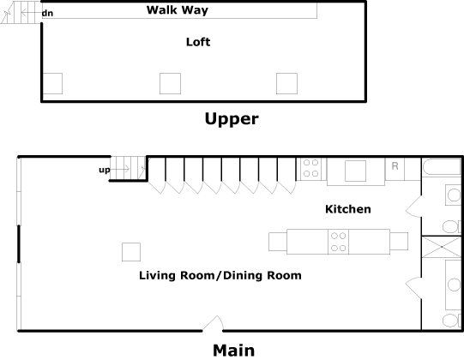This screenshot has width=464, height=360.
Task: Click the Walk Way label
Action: coord(178,10)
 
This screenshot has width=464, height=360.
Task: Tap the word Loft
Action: coord(198,42)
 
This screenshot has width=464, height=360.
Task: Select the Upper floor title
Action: coord(232,119)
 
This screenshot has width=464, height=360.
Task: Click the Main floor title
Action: coord(233,351)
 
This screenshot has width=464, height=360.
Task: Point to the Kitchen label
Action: coord(348,209)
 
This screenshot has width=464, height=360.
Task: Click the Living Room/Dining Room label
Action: coord(220,275)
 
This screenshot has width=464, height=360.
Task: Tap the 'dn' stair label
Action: coord(47,14)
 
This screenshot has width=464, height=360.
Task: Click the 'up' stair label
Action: coord(105,170)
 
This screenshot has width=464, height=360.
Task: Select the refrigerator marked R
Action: coord(395,169)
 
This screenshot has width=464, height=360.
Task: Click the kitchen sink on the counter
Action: coord(355,171)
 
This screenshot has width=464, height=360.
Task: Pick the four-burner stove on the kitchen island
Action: coord(338,242)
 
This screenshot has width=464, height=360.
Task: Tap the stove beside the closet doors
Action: coord(311,169)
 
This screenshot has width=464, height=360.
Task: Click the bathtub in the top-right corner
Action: coord(442,167)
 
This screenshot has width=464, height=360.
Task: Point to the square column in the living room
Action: coord(131,252)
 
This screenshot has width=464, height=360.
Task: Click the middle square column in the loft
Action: coord(170,83)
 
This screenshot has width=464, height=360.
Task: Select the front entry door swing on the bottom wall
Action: coord(213,323)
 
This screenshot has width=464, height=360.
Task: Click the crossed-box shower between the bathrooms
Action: coord(442,247)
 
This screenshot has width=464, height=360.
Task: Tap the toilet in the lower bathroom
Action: coord(452,321)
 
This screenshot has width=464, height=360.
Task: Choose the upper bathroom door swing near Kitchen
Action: coord(413,207)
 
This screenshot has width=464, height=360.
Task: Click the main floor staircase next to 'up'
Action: coord(128,169)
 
